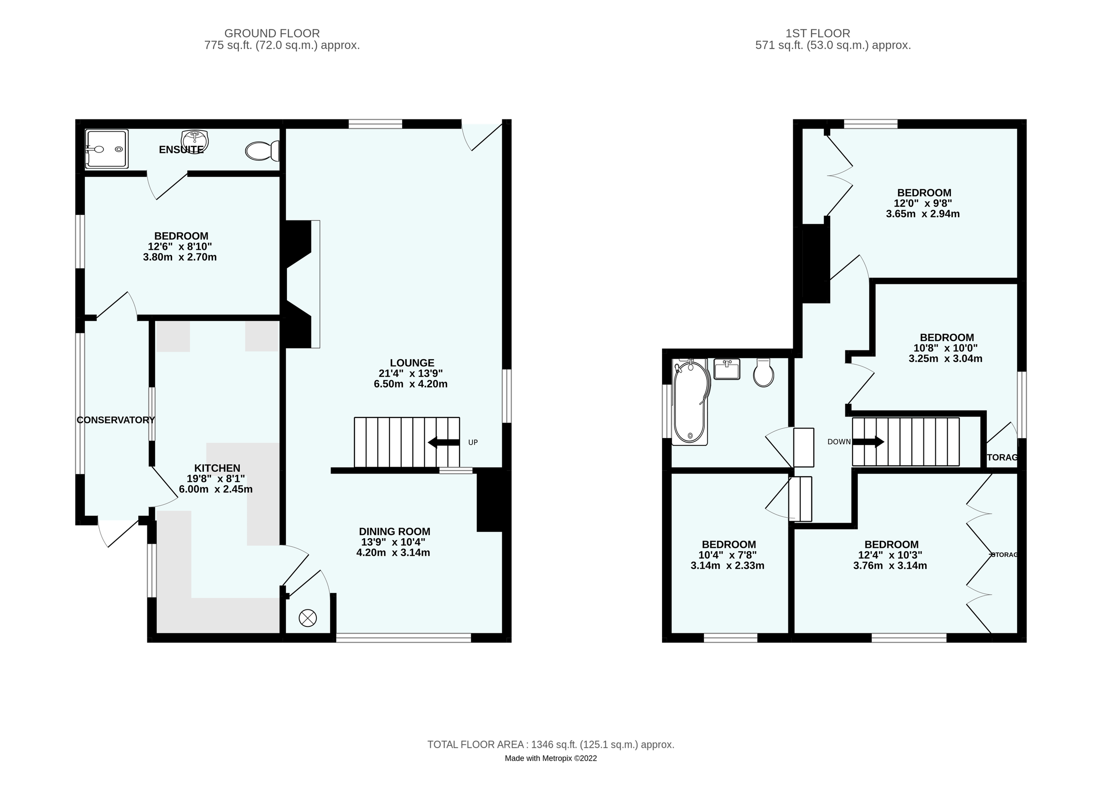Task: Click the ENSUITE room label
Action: click(181, 150)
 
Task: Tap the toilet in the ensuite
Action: click(261, 151)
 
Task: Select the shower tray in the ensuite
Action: click(107, 149)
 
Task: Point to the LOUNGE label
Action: click(412, 362)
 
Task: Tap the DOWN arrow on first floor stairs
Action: click(868, 442)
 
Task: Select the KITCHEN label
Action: click(217, 468)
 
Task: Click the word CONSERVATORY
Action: click(116, 420)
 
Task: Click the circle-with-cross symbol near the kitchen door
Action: click(307, 619)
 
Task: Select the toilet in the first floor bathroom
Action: click(763, 373)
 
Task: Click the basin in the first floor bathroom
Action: click(726, 369)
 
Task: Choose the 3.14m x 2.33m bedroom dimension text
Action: click(727, 566)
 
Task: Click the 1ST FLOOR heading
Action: click(818, 33)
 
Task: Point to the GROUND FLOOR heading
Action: click(272, 33)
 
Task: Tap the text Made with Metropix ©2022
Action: click(551, 758)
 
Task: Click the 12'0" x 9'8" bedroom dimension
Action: click(922, 203)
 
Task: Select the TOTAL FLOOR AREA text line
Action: click(551, 744)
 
